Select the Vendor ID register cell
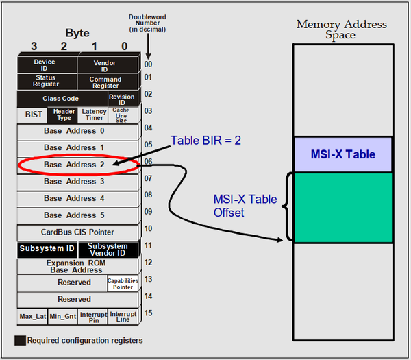click(105, 66)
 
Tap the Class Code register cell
click(60, 99)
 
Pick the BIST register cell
click(33, 115)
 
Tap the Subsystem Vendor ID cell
click(108, 250)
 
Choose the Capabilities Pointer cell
click(123, 283)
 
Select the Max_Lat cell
click(32, 317)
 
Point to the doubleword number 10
click(148, 228)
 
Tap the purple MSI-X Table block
click(343, 154)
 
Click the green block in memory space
click(343, 207)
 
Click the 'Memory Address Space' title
click(341, 29)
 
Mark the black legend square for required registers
click(20, 340)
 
